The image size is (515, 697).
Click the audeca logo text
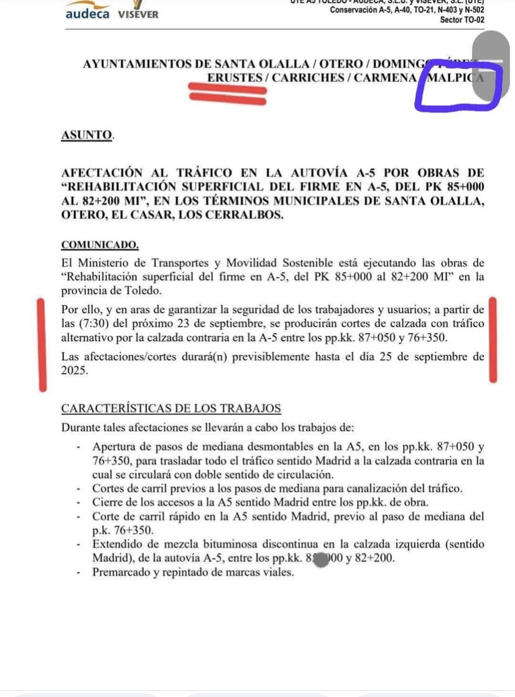87,13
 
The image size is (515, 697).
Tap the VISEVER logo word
138,14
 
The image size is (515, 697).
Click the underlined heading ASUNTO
87,135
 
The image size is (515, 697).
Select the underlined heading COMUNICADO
100,245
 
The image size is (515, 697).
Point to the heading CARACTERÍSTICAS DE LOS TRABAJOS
171,408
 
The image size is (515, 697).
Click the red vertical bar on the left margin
42,345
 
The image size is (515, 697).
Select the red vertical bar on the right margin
493,340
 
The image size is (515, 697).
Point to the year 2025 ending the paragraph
75,370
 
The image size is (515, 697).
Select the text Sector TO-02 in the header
462,20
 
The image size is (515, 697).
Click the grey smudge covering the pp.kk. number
322,558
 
